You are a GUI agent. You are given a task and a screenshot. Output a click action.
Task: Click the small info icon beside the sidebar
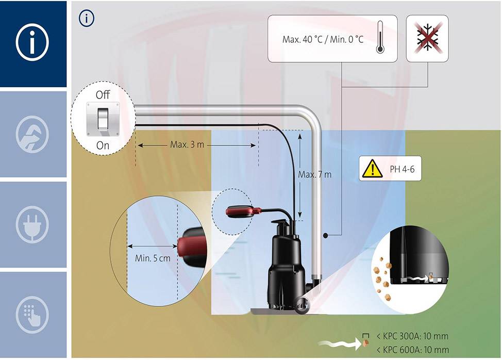point(87,18)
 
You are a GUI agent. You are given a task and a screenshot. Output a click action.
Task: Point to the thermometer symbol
point(380,38)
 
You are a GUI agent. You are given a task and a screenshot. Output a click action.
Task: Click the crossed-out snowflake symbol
point(427,38)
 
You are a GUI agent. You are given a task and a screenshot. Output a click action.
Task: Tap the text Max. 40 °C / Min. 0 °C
point(323,39)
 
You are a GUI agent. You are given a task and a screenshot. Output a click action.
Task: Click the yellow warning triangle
point(370,169)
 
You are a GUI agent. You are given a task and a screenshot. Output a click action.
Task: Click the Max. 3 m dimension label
point(187,145)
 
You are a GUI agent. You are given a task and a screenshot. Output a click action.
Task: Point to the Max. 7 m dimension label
point(314,174)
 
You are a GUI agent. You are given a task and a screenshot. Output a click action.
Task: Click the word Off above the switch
point(103,95)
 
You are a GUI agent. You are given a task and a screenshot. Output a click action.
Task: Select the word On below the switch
point(103,145)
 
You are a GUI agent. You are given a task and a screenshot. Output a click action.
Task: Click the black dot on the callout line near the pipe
point(326,236)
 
